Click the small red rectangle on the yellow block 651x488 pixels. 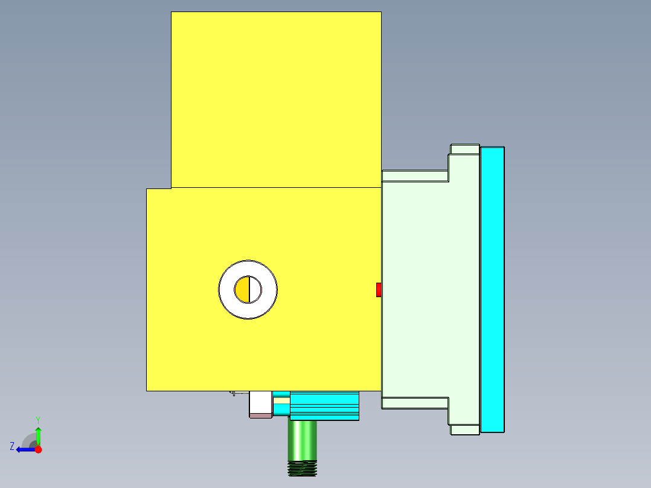379,290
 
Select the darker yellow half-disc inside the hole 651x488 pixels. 242,290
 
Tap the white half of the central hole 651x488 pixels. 255,290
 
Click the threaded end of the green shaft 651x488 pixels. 303,468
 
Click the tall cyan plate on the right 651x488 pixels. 492,290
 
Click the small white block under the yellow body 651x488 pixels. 260,402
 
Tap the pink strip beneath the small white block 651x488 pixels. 260,416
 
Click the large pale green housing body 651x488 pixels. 429,290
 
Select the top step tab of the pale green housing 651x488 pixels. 464,149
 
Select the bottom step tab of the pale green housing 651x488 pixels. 464,429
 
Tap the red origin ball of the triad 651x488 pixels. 38,449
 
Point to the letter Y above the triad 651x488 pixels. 38,419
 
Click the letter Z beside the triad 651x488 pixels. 12,446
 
